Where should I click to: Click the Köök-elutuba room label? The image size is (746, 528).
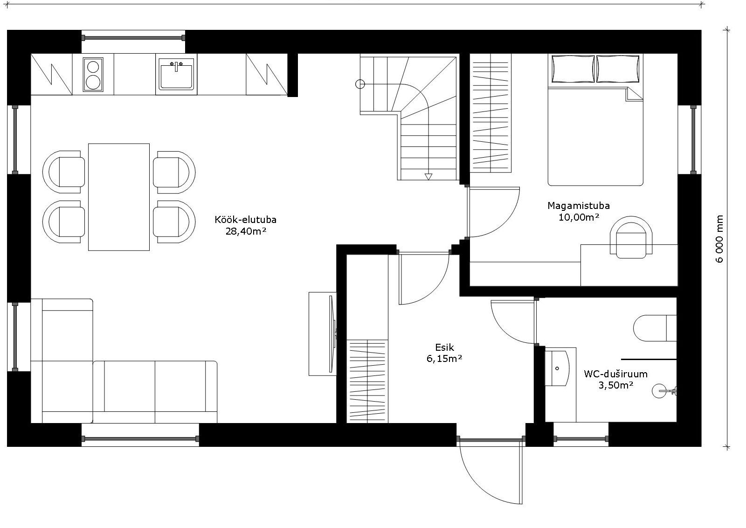(245, 220)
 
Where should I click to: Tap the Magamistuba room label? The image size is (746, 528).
(579, 206)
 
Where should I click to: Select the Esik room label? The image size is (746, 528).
(445, 347)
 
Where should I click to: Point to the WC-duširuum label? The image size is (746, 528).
(616, 374)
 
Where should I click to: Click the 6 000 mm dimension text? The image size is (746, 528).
(719, 239)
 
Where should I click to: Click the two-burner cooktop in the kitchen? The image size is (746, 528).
(93, 74)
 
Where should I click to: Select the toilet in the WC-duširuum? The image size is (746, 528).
(655, 328)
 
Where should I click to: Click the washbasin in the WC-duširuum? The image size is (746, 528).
(557, 368)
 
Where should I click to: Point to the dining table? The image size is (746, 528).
(119, 197)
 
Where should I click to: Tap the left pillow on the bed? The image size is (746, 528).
(573, 69)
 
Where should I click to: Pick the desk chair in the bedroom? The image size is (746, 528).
(631, 237)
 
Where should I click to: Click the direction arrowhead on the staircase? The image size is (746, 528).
(428, 177)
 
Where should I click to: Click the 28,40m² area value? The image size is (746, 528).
(246, 231)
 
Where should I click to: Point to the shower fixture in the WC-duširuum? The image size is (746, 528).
(664, 391)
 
